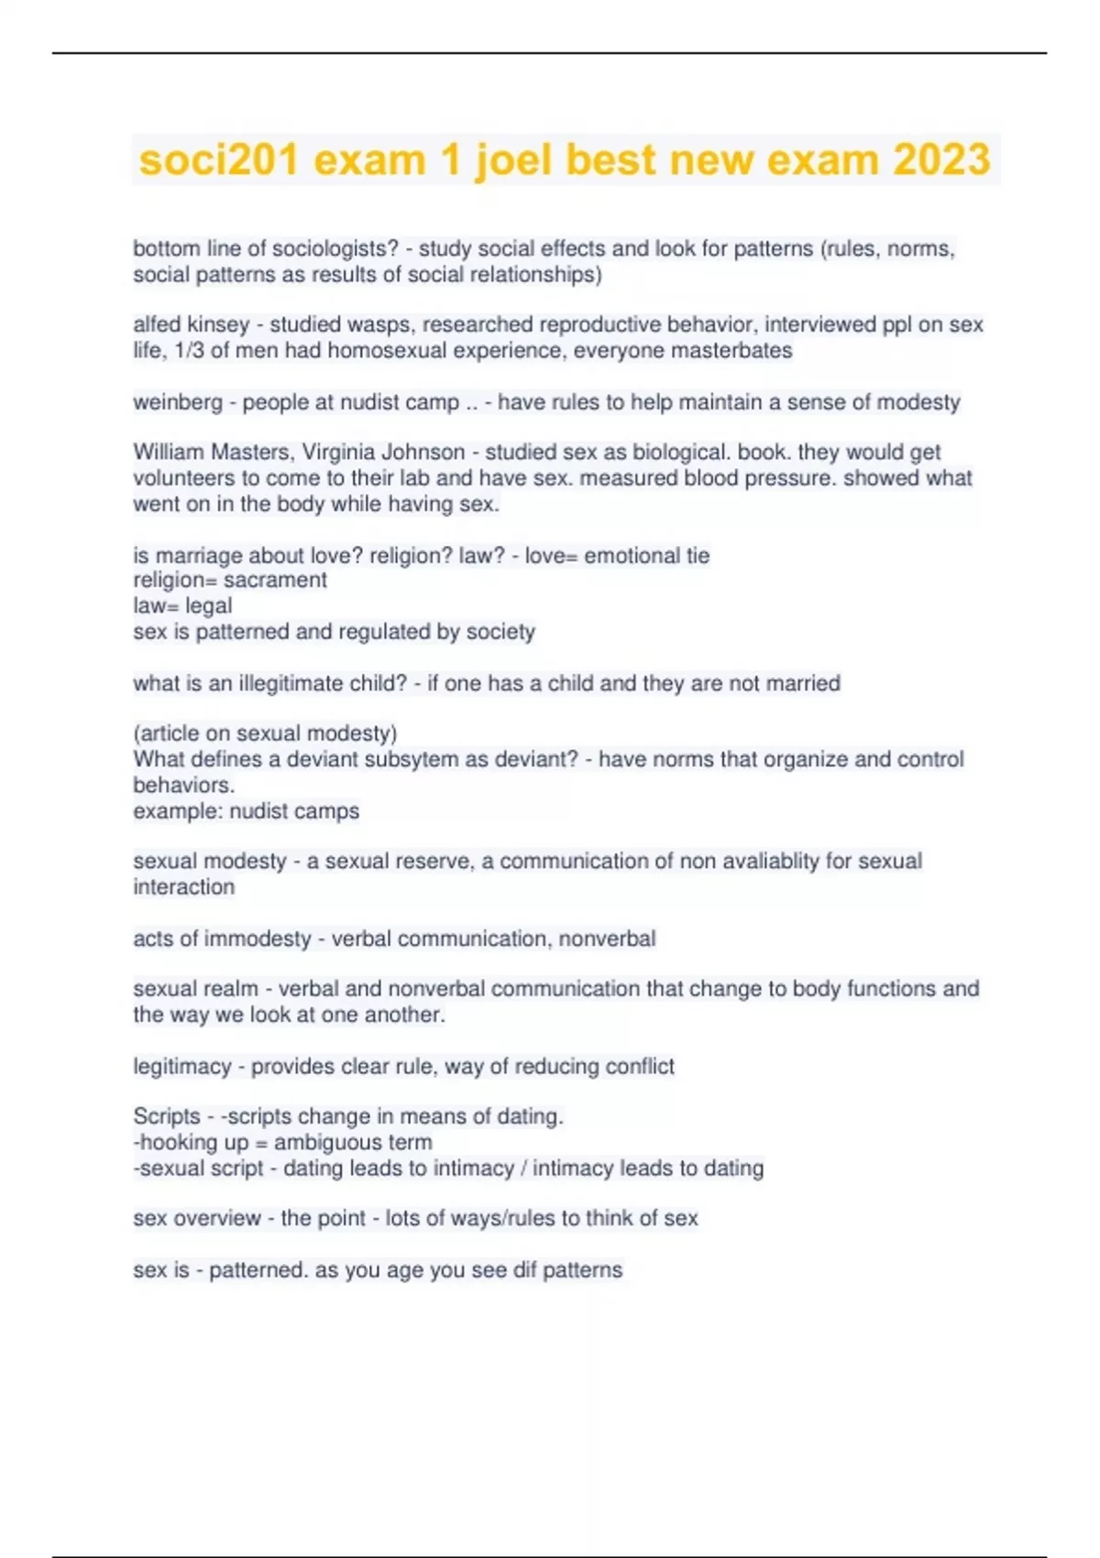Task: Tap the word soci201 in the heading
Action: tap(218, 160)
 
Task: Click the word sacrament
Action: tap(275, 580)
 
